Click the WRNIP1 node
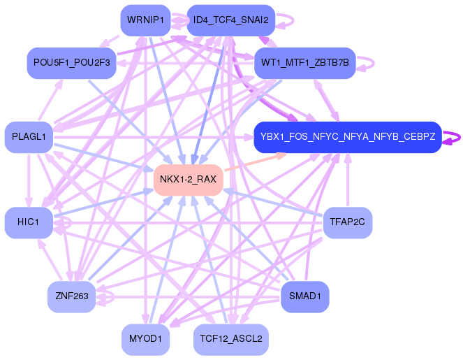tap(145, 20)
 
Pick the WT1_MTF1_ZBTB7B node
tap(305, 63)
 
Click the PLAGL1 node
tap(28, 136)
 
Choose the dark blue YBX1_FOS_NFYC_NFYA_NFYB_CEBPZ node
tap(347, 136)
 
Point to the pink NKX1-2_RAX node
tap(188, 180)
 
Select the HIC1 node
tap(28, 222)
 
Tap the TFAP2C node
tap(347, 222)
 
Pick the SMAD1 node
tap(304, 296)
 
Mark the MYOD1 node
tap(145, 339)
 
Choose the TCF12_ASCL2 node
tap(230, 339)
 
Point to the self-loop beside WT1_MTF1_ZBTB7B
tap(369, 63)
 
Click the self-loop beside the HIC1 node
tap(64, 223)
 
